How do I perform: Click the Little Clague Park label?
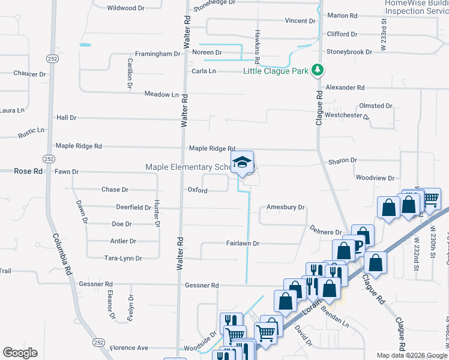click(276, 71)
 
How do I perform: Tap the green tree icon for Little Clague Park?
click(318, 71)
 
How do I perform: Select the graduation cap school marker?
click(243, 163)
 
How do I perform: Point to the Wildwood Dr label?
click(126, 8)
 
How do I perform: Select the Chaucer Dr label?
click(29, 74)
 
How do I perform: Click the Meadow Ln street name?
click(162, 94)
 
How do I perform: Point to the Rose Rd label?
click(28, 171)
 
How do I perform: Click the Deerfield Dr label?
click(133, 207)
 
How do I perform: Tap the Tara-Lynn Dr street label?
click(123, 258)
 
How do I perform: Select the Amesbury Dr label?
click(286, 207)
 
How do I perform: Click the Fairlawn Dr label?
click(242, 244)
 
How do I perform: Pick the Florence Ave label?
click(128, 347)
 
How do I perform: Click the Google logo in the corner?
click(20, 353)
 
